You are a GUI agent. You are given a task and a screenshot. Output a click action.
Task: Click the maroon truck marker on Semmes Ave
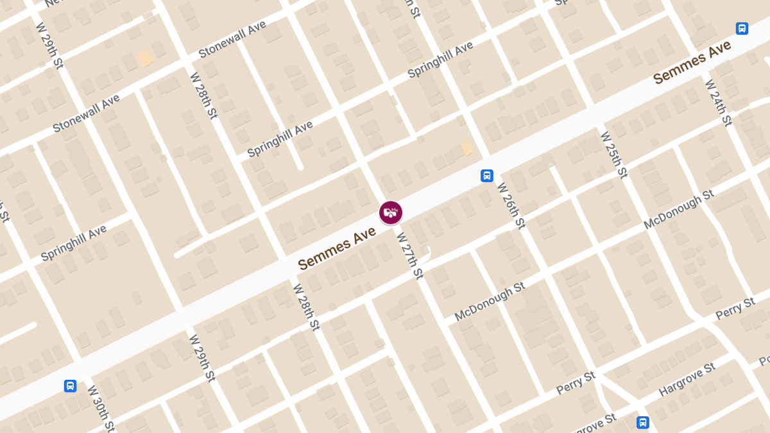391,212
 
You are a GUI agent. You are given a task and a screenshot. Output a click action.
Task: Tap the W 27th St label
410,255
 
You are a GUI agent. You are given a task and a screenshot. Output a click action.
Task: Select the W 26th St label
511,205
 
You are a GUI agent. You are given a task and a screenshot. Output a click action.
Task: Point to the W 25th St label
613,155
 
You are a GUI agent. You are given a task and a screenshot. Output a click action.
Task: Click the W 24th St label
718,103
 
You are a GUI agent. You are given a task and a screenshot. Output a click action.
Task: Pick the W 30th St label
101,408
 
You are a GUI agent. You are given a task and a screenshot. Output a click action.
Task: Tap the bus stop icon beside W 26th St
487,176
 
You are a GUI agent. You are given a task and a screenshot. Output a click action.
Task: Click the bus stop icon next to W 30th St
71,386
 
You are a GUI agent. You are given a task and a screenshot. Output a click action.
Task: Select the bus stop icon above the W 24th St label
742,29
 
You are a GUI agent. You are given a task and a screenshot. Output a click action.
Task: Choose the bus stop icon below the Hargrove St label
642,422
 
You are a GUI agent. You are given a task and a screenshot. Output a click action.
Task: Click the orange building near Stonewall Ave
146,58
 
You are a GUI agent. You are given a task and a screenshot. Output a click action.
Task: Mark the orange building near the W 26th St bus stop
467,148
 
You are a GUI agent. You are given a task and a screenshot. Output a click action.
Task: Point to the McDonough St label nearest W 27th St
490,301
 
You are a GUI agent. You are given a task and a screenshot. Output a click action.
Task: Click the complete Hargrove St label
687,379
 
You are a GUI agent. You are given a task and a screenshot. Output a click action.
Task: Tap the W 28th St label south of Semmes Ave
306,307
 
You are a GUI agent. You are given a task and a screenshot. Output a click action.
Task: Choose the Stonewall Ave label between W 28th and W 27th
232,39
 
